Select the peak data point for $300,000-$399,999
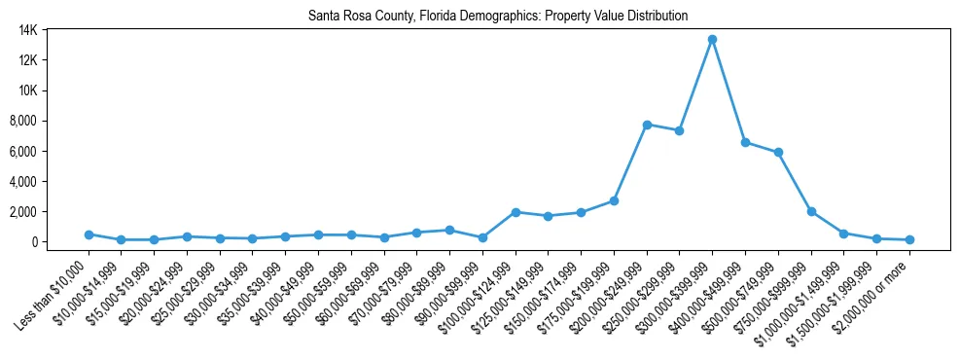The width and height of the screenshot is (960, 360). pos(712,39)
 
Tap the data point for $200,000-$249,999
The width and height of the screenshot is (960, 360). pos(647,125)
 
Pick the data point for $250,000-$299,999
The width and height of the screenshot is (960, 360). pos(679,130)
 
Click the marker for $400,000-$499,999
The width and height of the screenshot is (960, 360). pos(745,142)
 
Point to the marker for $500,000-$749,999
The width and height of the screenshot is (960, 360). pos(778,152)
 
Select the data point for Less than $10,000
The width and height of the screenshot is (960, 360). pos(89,234)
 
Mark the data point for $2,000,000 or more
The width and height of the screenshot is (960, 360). pos(909,239)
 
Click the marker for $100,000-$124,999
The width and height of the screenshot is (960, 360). pos(516,212)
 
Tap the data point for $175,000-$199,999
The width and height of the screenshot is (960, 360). pos(614,200)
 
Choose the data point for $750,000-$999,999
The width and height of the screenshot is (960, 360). pos(811,211)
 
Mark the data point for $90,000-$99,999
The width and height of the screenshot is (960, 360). pos(482,237)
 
